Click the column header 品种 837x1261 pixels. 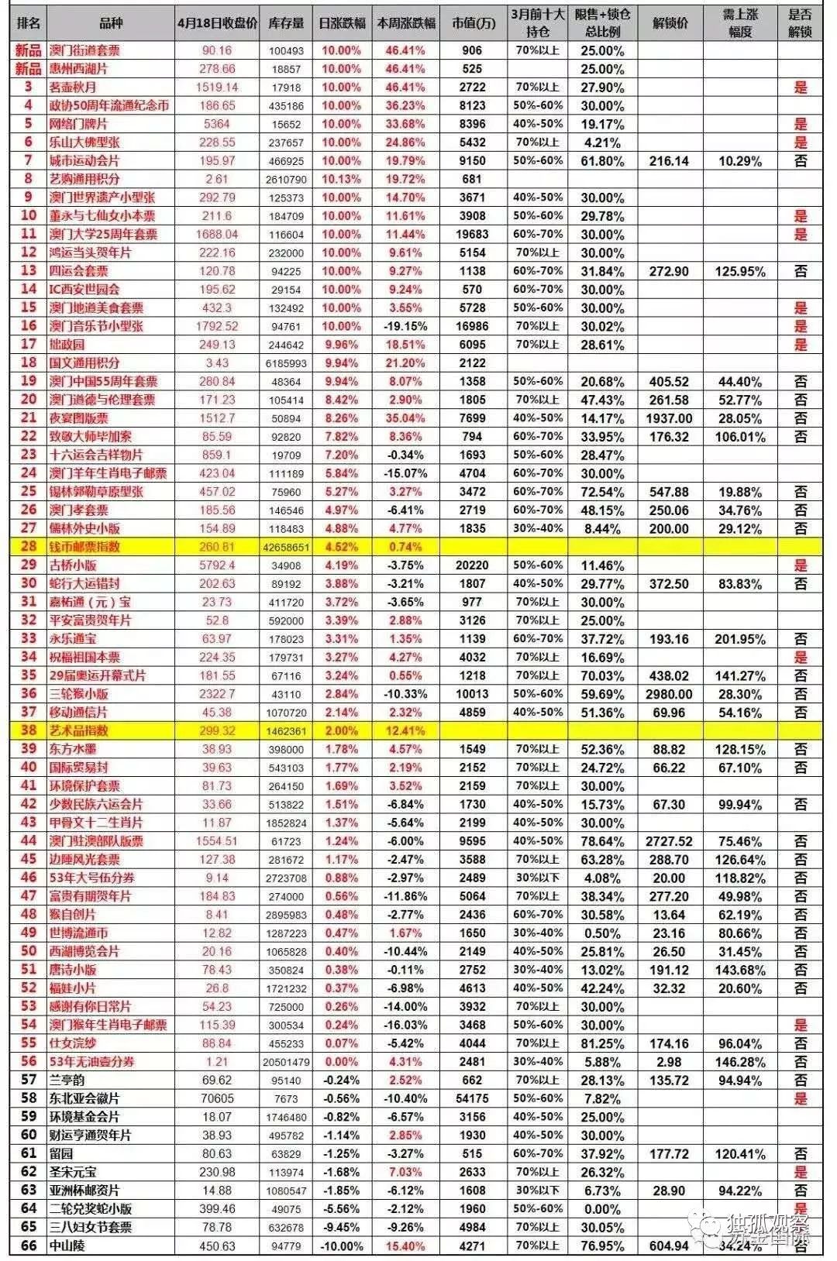point(111,23)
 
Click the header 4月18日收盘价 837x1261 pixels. point(217,23)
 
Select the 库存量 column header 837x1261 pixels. point(286,23)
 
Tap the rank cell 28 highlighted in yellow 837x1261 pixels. point(29,547)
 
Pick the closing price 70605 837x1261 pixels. point(217,1098)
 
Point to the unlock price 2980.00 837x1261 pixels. point(669,694)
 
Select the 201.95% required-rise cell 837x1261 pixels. point(740,639)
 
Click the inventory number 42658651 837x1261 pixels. point(286,547)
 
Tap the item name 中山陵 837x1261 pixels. point(67,1246)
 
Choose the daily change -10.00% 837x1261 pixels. point(341,1246)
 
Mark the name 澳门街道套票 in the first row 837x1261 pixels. point(85,50)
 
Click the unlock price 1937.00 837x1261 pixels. point(669,418)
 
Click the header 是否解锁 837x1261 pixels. point(800,23)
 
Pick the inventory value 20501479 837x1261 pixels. point(286,1062)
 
